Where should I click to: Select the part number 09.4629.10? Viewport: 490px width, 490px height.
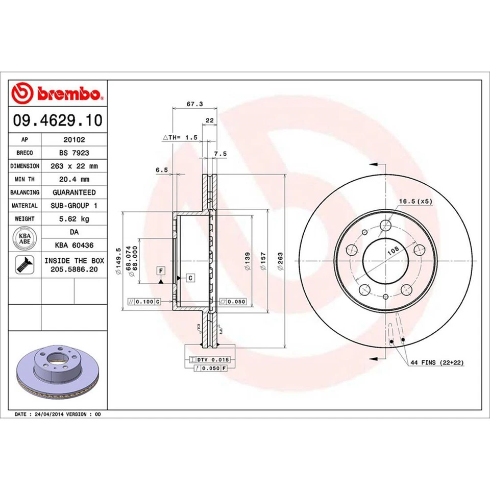[x=57, y=121]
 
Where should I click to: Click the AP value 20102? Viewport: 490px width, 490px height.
[x=74, y=139]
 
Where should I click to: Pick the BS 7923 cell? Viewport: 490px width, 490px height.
[x=74, y=152]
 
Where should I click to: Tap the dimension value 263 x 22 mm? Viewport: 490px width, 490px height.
[x=74, y=166]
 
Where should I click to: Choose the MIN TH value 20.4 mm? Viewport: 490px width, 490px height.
[x=74, y=179]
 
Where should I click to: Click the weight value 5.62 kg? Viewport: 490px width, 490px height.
[x=74, y=219]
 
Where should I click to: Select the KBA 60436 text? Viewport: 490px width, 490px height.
[x=74, y=245]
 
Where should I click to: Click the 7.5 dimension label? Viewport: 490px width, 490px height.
[x=220, y=154]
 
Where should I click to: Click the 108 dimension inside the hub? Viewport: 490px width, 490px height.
[x=393, y=250]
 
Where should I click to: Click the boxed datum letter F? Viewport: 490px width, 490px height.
[x=161, y=270]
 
